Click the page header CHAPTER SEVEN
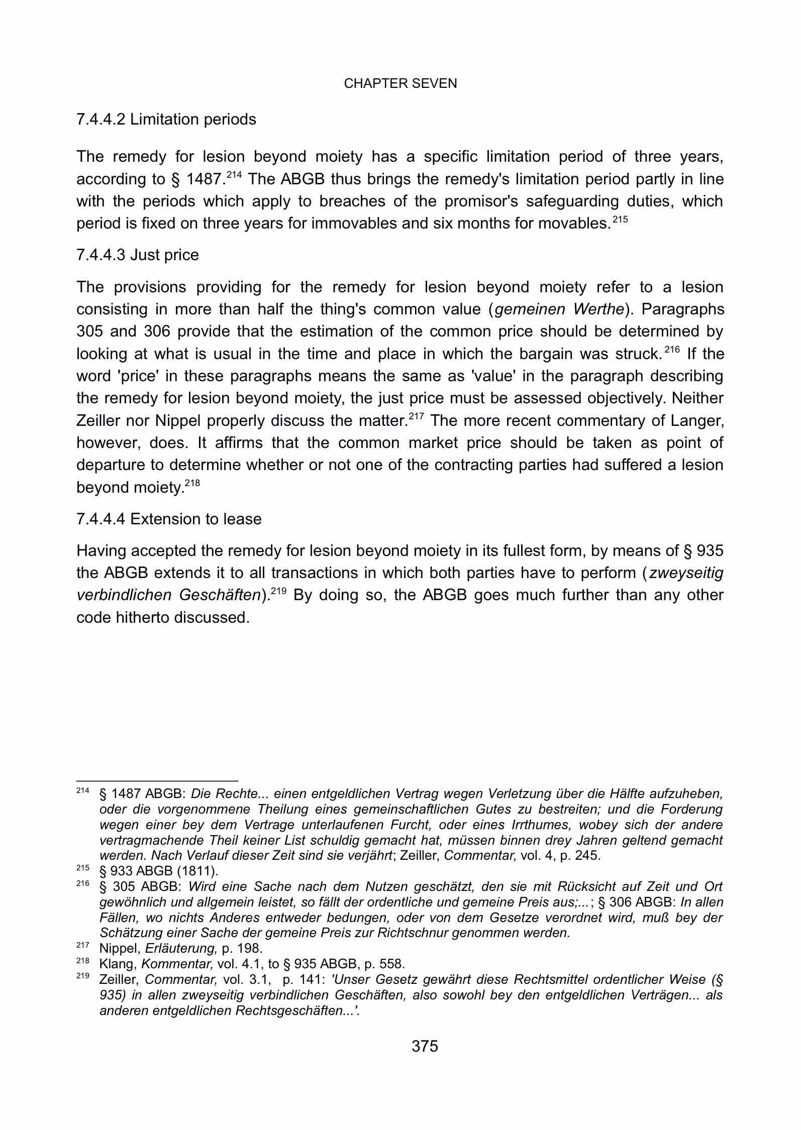click(400, 83)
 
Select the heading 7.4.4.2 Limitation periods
click(166, 120)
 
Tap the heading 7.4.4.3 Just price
click(137, 255)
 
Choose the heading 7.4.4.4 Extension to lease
click(169, 519)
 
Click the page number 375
click(425, 1046)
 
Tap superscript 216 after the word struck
click(672, 350)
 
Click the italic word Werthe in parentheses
click(597, 309)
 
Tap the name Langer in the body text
click(697, 421)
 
